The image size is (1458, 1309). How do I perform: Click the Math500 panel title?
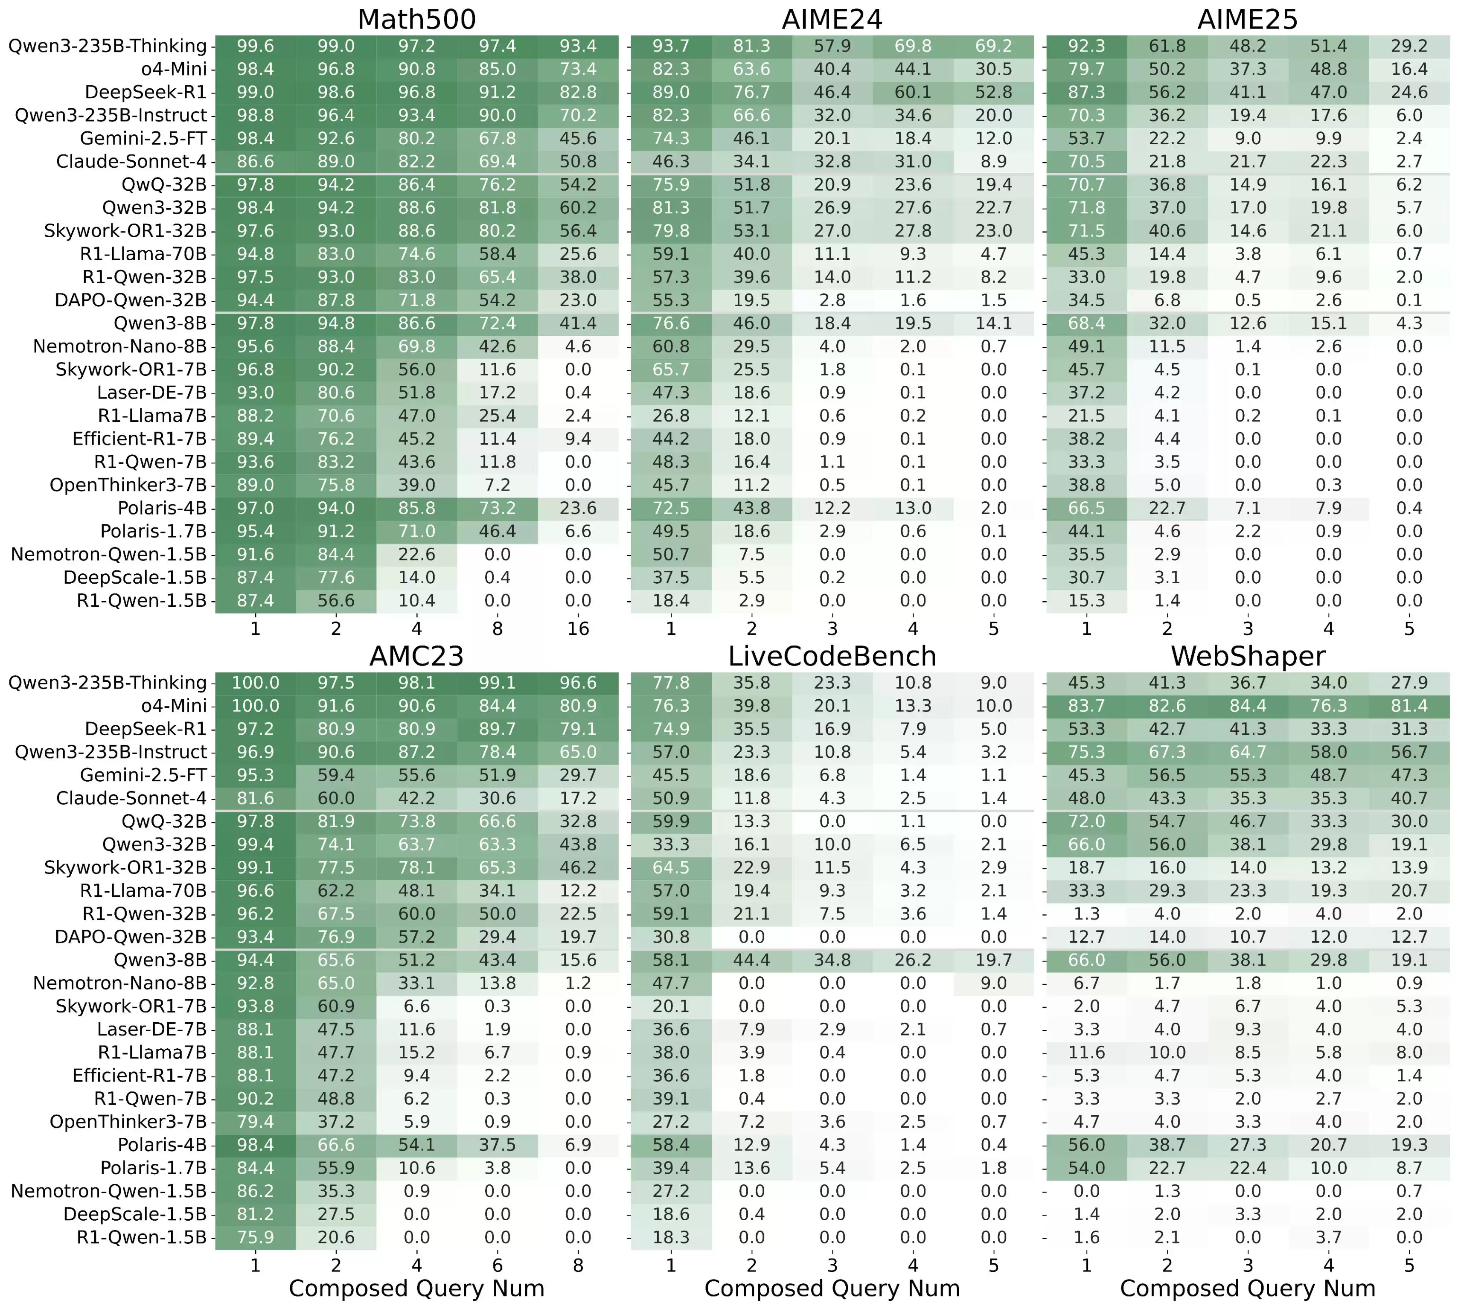click(x=416, y=20)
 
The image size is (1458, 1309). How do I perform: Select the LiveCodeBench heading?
click(x=832, y=656)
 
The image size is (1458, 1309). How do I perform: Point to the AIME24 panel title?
click(x=832, y=20)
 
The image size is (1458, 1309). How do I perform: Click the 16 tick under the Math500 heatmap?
click(x=578, y=628)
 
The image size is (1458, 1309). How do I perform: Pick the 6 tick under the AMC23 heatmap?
click(x=497, y=1265)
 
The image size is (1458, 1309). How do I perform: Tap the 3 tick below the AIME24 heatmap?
click(x=832, y=628)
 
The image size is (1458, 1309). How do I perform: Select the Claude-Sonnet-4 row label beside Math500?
click(x=131, y=161)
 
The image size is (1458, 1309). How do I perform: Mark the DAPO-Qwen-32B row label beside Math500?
click(x=130, y=300)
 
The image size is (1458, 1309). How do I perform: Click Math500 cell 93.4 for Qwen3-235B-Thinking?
click(x=578, y=46)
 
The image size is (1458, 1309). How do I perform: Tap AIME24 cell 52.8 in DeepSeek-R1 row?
click(x=993, y=92)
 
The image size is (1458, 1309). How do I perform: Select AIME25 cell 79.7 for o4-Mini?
click(x=1086, y=69)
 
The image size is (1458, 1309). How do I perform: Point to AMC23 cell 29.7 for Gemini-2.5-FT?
click(x=578, y=775)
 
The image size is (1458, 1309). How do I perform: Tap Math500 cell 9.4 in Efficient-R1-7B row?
click(x=578, y=439)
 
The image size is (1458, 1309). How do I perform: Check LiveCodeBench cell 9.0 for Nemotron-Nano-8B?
click(x=993, y=983)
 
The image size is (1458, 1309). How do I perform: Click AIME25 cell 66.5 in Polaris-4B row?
click(x=1086, y=508)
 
